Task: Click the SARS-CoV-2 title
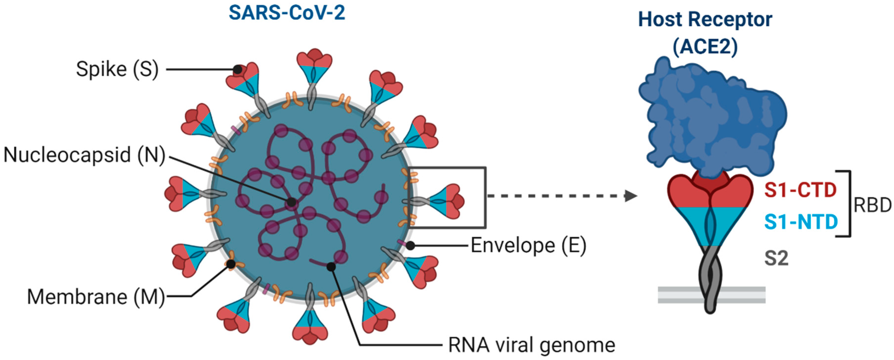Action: pyautogui.click(x=287, y=13)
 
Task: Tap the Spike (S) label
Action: pyautogui.click(x=117, y=69)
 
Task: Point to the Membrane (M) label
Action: pyautogui.click(x=96, y=297)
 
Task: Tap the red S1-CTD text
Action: pyautogui.click(x=800, y=190)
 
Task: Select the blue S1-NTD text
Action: pyautogui.click(x=801, y=222)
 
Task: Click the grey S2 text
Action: pyautogui.click(x=776, y=258)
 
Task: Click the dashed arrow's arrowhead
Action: pyautogui.click(x=631, y=196)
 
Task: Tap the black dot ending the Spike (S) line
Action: pyautogui.click(x=237, y=69)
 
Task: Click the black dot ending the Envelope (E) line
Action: pyautogui.click(x=410, y=246)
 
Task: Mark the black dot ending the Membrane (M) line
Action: pyautogui.click(x=231, y=265)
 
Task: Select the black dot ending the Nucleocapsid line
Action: pyautogui.click(x=292, y=202)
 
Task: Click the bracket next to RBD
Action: pyautogui.click(x=849, y=204)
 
